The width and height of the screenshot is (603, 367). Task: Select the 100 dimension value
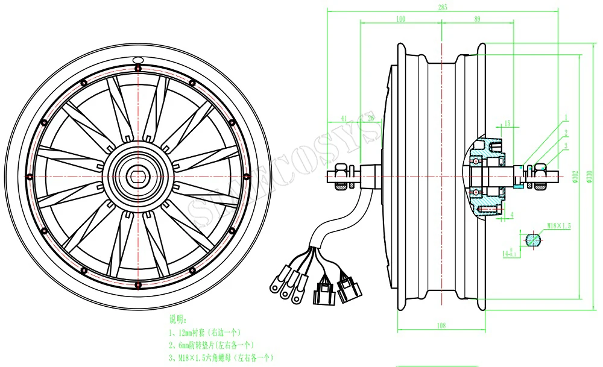point(400,19)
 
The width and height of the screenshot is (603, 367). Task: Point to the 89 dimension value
point(477,19)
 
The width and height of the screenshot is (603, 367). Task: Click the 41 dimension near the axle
point(344,119)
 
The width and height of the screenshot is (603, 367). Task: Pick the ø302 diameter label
point(576,176)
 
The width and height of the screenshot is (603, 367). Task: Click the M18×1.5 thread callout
point(559,225)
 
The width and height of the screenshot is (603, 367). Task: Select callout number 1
point(567,118)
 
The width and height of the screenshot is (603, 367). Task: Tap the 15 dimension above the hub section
point(507,124)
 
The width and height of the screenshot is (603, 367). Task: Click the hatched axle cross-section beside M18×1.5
point(532,239)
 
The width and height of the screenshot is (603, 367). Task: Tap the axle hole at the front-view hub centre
point(138,175)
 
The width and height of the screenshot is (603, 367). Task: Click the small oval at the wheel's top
point(138,60)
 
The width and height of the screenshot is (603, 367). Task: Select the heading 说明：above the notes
point(178,319)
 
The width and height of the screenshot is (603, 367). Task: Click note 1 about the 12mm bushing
point(205,333)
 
